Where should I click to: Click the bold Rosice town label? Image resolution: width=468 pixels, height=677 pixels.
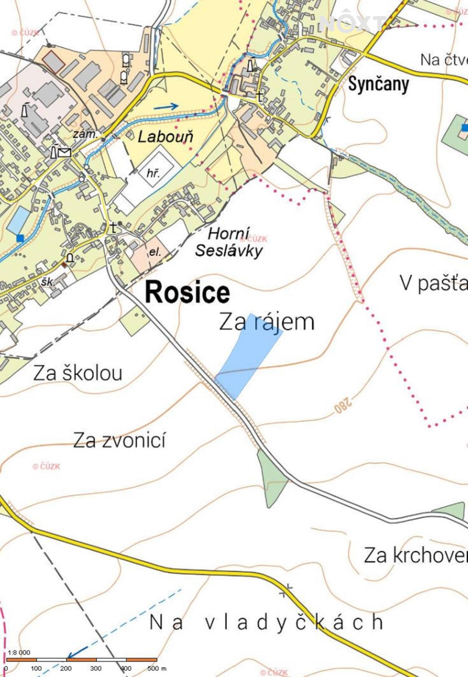[188, 292]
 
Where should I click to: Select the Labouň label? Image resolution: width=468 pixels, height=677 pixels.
[165, 137]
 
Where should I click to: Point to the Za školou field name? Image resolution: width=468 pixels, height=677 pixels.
[78, 373]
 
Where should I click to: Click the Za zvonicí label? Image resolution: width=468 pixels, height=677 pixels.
[119, 440]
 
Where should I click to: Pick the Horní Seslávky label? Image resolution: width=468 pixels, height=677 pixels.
[229, 242]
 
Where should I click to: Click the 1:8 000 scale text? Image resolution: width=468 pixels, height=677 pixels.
[19, 652]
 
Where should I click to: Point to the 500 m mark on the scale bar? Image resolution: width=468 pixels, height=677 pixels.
[157, 668]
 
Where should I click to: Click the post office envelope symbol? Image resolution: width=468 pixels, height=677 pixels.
[65, 152]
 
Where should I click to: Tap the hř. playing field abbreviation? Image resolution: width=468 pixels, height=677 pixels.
[153, 173]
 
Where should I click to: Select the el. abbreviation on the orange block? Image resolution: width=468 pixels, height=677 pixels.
[155, 252]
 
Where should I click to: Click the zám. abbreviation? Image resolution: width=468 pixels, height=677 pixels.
[85, 134]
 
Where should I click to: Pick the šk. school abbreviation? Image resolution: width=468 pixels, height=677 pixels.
[47, 282]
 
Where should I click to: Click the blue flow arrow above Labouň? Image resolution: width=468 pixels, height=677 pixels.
[166, 107]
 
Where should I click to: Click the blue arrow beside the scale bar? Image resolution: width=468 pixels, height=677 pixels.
[77, 651]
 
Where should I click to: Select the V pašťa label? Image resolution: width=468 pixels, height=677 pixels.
[434, 283]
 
